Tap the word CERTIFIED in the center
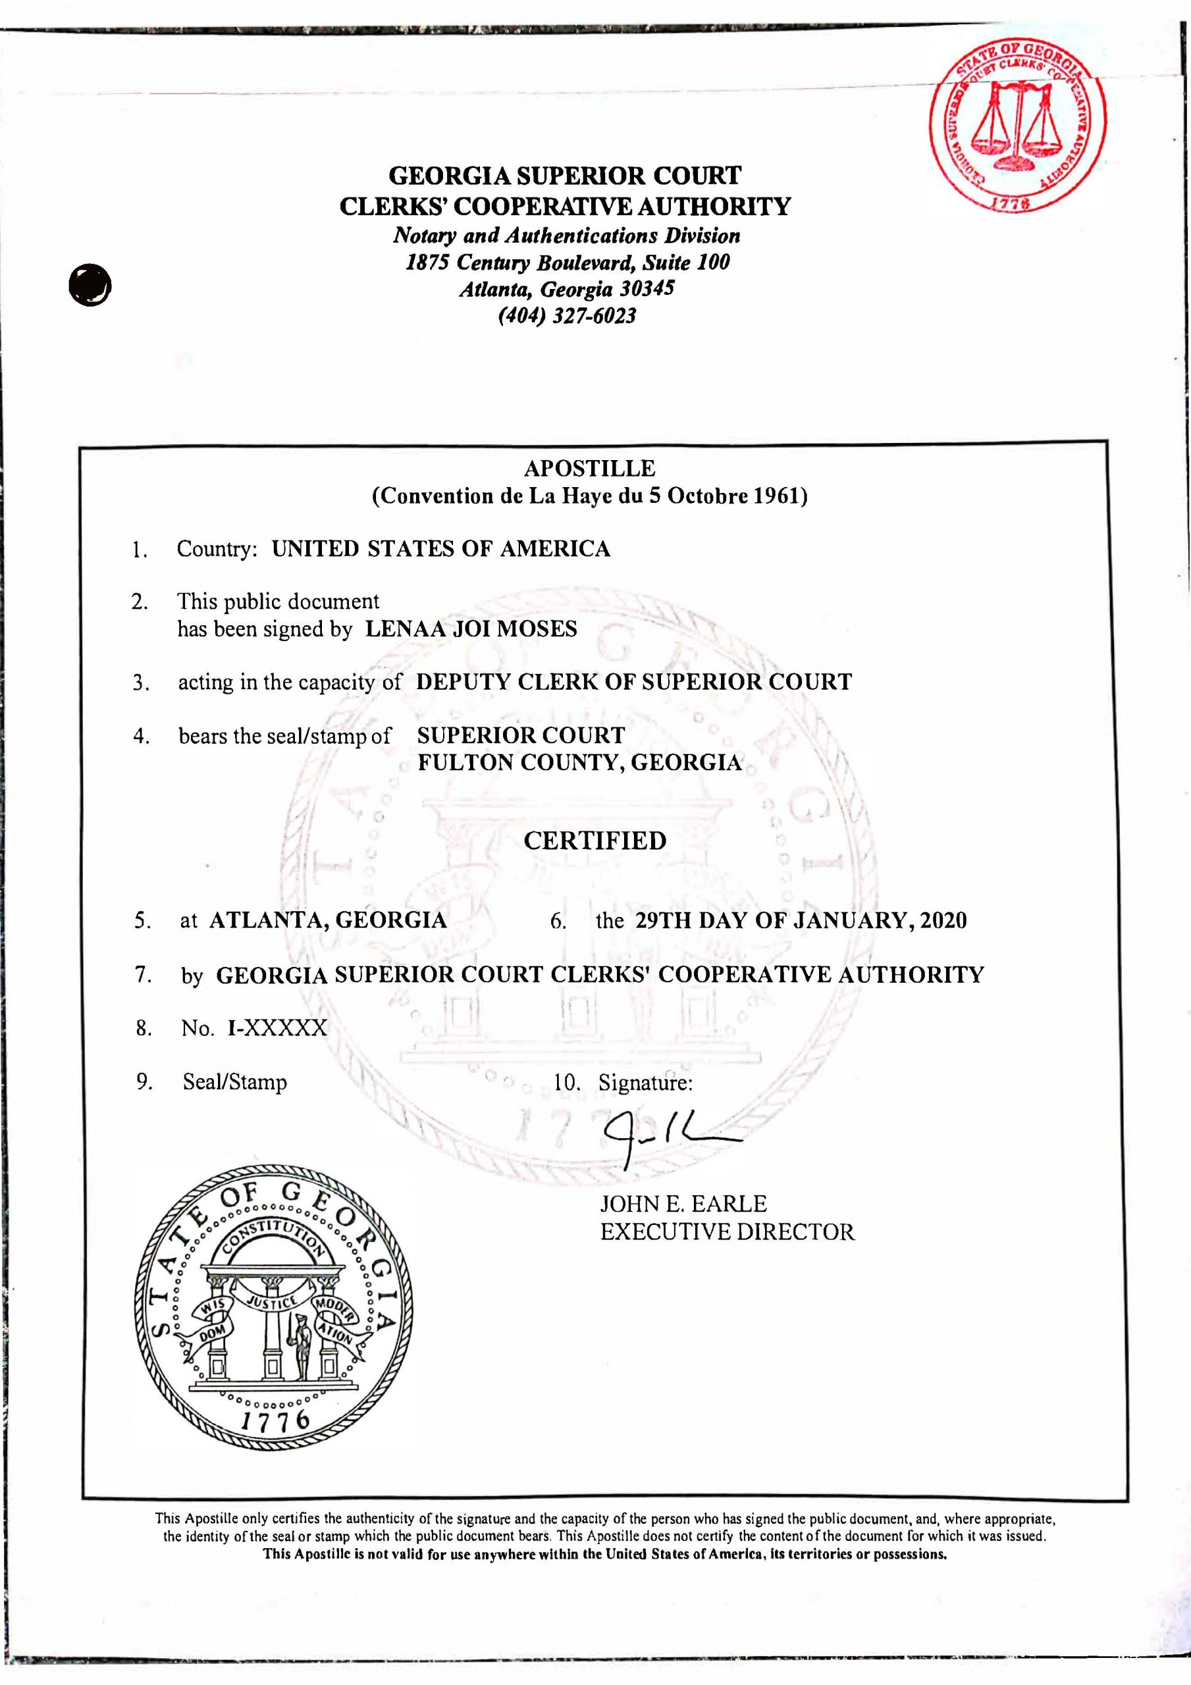coord(595,841)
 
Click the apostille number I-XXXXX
coord(278,1028)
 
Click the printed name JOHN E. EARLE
coord(683,1204)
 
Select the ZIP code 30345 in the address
coord(646,288)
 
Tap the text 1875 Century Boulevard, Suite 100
coord(568,262)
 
